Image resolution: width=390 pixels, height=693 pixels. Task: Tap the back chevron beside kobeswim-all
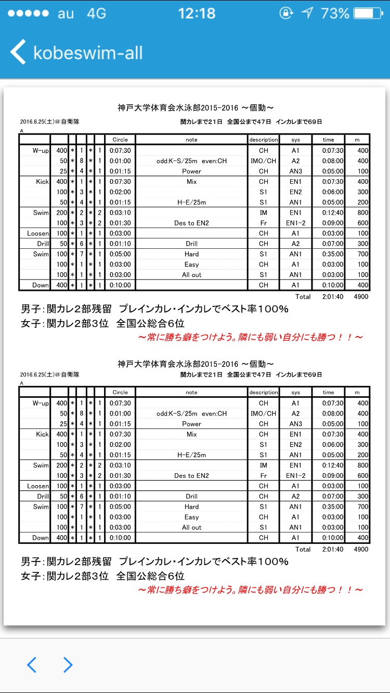[18, 52]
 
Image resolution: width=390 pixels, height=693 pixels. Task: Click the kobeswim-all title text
[88, 53]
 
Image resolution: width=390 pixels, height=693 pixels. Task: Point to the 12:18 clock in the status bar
[196, 13]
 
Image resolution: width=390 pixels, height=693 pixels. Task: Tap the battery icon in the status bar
[370, 13]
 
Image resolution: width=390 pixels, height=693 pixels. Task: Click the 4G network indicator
[97, 14]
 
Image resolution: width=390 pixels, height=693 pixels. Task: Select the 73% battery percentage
[335, 13]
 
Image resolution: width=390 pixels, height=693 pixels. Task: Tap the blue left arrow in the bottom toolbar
[32, 664]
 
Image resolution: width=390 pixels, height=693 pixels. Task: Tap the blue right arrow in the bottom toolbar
[68, 664]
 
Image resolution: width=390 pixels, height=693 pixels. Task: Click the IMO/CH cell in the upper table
[263, 161]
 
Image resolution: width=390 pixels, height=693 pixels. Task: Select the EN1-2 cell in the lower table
[295, 475]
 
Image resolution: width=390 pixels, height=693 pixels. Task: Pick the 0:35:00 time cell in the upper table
[328, 254]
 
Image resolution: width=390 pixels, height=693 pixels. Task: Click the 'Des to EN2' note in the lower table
[191, 475]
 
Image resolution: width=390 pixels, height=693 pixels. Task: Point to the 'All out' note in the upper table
[191, 275]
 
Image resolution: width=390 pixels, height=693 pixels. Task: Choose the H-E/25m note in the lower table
[191, 455]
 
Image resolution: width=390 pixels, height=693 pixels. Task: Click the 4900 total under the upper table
[360, 297]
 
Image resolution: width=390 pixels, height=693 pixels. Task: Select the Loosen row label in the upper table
[38, 233]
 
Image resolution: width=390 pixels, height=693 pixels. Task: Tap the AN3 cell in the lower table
[295, 423]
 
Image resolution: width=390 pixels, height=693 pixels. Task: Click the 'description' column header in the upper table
[264, 139]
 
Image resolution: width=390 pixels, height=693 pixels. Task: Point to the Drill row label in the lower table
[43, 496]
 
